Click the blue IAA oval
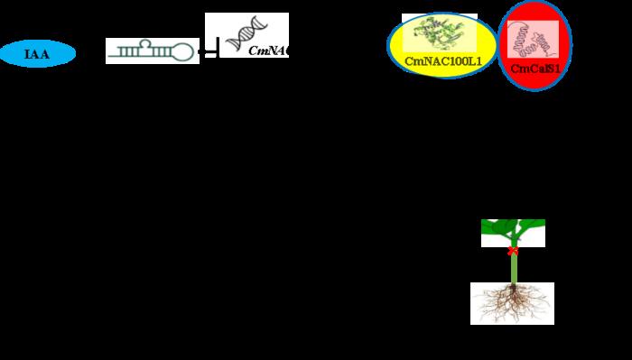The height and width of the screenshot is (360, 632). pos(37,54)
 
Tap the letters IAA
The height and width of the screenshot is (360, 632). pos(37,54)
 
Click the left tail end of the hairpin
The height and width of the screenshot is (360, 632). pos(109,60)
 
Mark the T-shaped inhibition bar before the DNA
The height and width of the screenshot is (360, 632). pos(212,51)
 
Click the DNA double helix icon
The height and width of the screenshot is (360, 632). pos(241,35)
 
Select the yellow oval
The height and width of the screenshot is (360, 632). pos(442,45)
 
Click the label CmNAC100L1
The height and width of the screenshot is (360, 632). pos(442,61)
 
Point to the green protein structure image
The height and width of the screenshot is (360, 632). pos(441,34)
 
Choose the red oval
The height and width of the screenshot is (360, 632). pos(535,46)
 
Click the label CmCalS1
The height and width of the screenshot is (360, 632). pos(535,68)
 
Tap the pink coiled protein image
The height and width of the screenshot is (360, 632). pos(534,40)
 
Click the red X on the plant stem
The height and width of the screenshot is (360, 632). pos(513,250)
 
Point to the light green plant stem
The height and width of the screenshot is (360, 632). pos(514,267)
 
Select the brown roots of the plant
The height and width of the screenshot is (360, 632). pos(512,303)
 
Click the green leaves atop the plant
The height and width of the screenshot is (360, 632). pos(513,231)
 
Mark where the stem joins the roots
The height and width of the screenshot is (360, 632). pos(513,284)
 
